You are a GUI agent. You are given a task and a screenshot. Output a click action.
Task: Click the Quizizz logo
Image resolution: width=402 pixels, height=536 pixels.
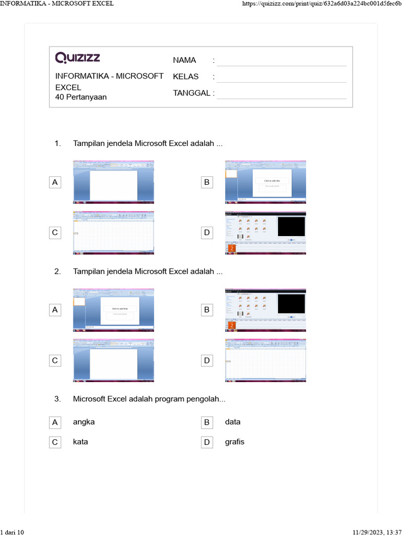pyautogui.click(x=77, y=57)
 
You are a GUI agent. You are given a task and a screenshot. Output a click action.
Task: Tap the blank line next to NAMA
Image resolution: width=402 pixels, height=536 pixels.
pyautogui.click(x=282, y=61)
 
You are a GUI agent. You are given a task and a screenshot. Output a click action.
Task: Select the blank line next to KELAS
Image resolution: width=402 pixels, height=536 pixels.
pyautogui.click(x=282, y=77)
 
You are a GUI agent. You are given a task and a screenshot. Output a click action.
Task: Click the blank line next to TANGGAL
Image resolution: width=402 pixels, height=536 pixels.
pyautogui.click(x=282, y=94)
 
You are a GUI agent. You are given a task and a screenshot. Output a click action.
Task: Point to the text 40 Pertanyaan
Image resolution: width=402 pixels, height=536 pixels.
pyautogui.click(x=81, y=97)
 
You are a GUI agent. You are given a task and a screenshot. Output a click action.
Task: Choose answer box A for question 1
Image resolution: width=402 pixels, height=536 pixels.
pyautogui.click(x=54, y=182)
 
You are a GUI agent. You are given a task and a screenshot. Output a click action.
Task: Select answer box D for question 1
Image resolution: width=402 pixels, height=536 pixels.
pyautogui.click(x=207, y=233)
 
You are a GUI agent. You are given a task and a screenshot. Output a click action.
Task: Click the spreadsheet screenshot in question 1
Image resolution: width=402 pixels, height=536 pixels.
pyautogui.click(x=114, y=233)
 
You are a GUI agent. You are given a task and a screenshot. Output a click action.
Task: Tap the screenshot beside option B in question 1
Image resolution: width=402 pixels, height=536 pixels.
pyautogui.click(x=265, y=182)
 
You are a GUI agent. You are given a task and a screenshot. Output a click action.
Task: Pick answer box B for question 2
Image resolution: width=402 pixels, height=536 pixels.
pyautogui.click(x=207, y=310)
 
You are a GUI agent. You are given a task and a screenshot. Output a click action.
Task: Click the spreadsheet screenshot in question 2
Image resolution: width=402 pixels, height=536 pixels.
pyautogui.click(x=265, y=361)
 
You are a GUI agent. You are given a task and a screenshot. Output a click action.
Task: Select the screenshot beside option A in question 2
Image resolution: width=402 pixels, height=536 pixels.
pyautogui.click(x=114, y=310)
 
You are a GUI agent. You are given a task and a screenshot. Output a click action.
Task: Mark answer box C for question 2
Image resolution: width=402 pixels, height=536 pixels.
pyautogui.click(x=54, y=361)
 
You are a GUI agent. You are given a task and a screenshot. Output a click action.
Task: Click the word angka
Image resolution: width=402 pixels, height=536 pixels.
pyautogui.click(x=84, y=422)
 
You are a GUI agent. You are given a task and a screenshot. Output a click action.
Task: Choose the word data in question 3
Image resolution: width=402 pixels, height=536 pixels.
pyautogui.click(x=233, y=422)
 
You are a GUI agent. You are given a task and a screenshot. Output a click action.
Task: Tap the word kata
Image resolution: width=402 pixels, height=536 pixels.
pyautogui.click(x=81, y=442)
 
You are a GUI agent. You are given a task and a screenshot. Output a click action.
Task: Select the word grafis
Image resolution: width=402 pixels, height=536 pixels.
pyautogui.click(x=234, y=442)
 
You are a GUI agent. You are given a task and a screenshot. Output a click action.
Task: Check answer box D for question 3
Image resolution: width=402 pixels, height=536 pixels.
pyautogui.click(x=207, y=442)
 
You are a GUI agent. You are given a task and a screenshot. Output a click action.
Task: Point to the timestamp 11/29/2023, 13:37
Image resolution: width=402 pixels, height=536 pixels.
pyautogui.click(x=377, y=532)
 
